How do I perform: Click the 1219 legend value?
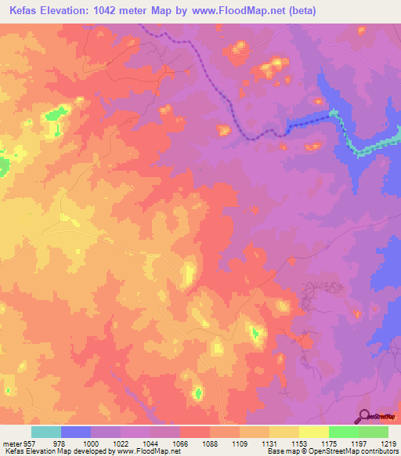pos(388,443)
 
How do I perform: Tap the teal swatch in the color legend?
pos(45,432)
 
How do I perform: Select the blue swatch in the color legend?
pos(75,432)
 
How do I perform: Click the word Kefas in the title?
pos(21,10)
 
